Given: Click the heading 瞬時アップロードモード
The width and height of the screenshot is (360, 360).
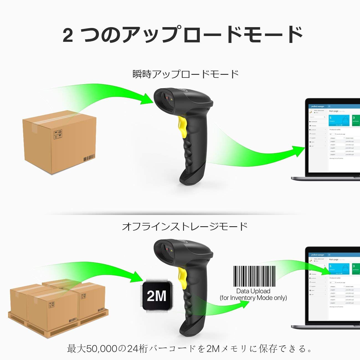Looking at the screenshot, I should pos(186,74).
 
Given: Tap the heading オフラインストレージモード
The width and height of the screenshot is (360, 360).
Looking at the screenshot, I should pos(185,227).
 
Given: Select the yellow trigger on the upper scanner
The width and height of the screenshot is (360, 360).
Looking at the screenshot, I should pos(182,125).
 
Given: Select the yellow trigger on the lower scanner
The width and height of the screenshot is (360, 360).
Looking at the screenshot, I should pos(182,274).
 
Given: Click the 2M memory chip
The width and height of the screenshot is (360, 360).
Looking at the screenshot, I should pos(156,296).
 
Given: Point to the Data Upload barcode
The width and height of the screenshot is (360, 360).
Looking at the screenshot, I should pos(254,276).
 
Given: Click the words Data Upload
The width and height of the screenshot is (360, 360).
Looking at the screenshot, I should pos(253,291).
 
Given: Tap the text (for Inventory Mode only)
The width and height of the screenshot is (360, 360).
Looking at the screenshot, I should pos(253,298).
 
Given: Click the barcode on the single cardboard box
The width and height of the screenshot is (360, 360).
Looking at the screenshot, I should pos(89,158).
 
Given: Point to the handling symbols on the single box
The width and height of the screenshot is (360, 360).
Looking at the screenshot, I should pos(58,134).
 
